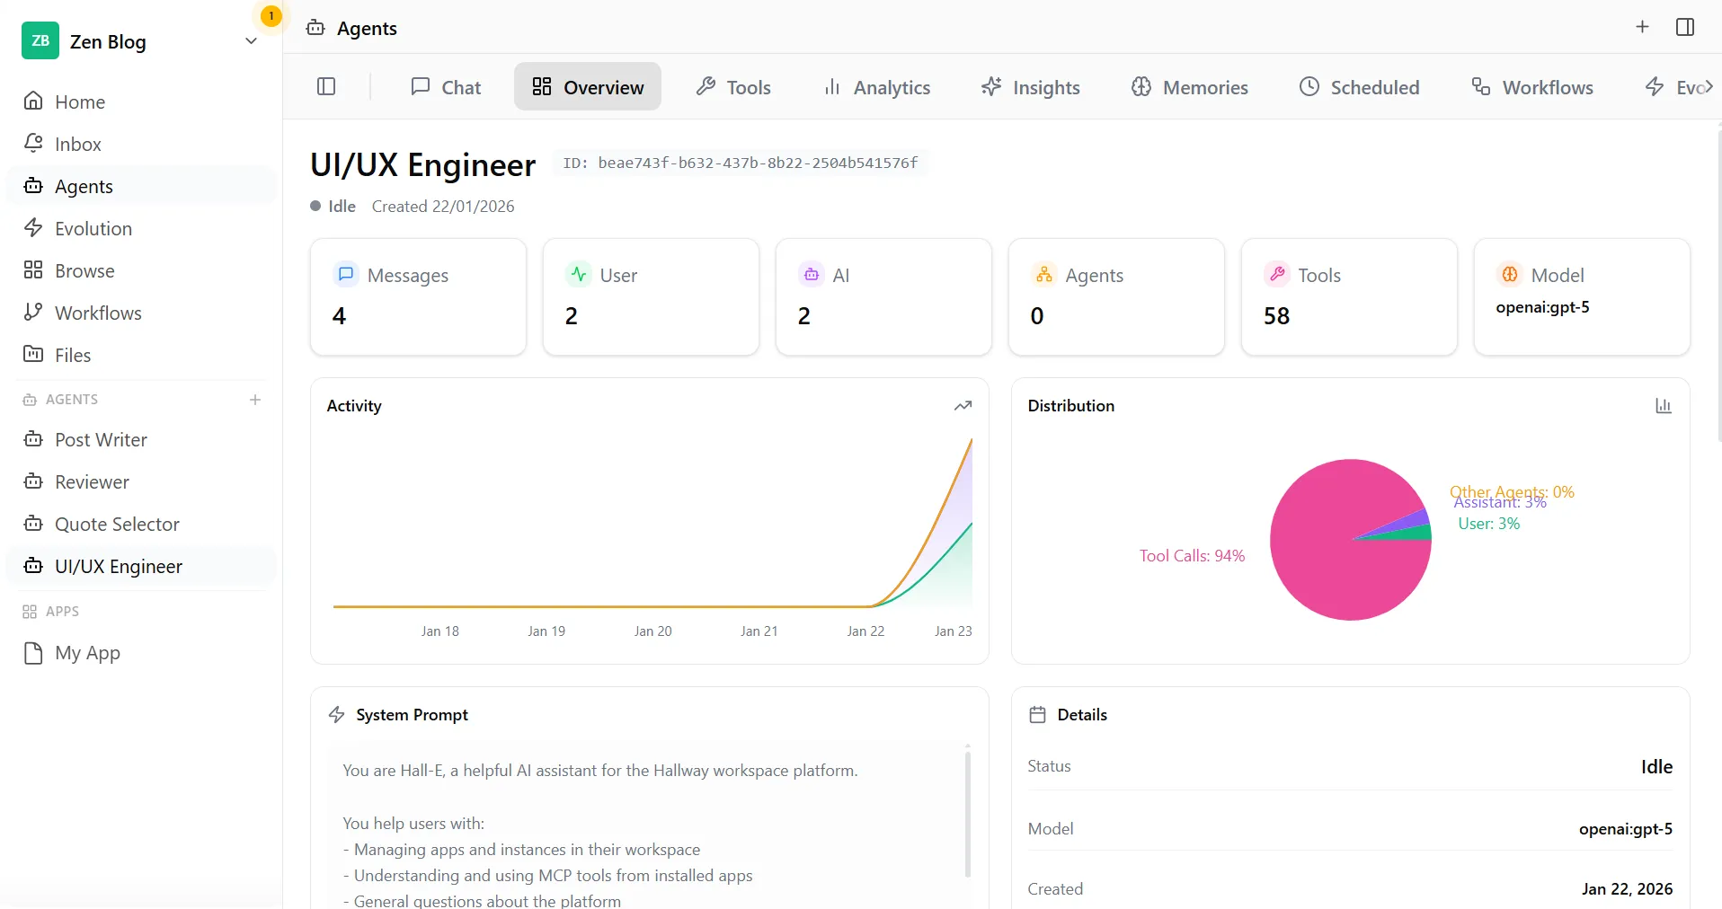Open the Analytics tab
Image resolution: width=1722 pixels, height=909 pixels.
pos(877,87)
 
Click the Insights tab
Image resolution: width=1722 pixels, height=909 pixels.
pos(1031,87)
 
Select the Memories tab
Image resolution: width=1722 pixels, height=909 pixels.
pos(1190,87)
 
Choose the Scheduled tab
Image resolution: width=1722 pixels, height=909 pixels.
pos(1360,87)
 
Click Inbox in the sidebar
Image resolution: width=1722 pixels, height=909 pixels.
pos(77,144)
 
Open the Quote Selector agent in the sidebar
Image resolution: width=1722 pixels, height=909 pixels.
pos(117,524)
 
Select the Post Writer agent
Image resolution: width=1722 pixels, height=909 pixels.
pos(101,439)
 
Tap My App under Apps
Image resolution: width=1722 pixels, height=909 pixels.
pos(87,653)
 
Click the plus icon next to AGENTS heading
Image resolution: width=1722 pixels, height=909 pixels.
pos(255,400)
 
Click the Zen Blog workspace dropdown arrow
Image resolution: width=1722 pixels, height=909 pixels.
pos(251,41)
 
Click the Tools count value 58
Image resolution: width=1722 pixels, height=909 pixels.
pos(1276,316)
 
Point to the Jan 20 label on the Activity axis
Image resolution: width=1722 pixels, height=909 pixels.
pos(652,631)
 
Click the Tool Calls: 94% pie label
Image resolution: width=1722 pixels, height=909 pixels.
pos(1192,556)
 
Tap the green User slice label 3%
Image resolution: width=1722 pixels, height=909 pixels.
pos(1488,524)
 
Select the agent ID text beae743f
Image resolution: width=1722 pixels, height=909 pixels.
pos(757,163)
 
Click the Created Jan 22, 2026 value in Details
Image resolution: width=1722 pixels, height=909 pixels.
pos(1627,888)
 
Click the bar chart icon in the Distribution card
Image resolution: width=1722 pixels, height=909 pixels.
pos(1664,406)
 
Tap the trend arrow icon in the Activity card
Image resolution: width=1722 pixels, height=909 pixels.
pos(963,406)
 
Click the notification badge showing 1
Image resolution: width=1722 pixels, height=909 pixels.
pos(271,16)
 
